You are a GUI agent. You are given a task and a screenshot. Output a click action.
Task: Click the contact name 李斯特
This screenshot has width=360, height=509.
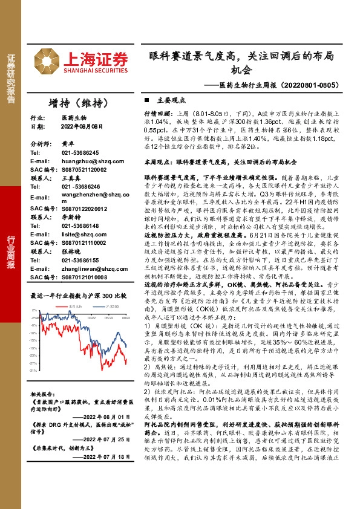[70, 216]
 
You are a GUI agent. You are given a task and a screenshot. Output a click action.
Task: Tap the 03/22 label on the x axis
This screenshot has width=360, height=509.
[91, 317]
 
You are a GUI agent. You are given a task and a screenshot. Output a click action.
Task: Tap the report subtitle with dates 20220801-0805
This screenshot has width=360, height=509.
[282, 86]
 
